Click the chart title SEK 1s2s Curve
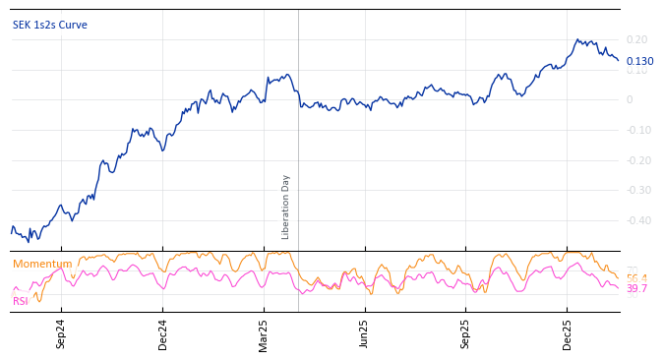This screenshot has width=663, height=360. click(50, 26)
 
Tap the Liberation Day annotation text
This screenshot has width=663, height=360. click(286, 207)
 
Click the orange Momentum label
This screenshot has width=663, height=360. click(42, 264)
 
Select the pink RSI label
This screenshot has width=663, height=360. click(21, 301)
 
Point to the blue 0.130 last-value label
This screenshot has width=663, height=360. click(639, 61)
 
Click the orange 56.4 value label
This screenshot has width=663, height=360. click(636, 278)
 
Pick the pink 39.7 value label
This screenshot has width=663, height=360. click(636, 289)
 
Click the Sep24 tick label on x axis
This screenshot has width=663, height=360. click(61, 333)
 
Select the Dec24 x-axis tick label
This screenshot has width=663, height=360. click(163, 333)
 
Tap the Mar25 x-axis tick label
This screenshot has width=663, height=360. click(264, 333)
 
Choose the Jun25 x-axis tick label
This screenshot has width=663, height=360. click(365, 333)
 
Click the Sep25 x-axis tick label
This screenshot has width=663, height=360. click(466, 333)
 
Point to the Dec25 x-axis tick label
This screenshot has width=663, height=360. click(568, 333)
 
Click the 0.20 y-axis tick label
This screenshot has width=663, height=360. click(636, 39)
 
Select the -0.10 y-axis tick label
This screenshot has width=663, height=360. click(636, 130)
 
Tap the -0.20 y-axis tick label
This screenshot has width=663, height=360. click(636, 160)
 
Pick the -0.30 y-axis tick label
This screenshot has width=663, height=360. click(636, 191)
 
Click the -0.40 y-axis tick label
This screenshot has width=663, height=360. click(636, 220)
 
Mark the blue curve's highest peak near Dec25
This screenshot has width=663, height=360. click(577, 39)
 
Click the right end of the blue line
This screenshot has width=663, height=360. click(619, 61)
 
